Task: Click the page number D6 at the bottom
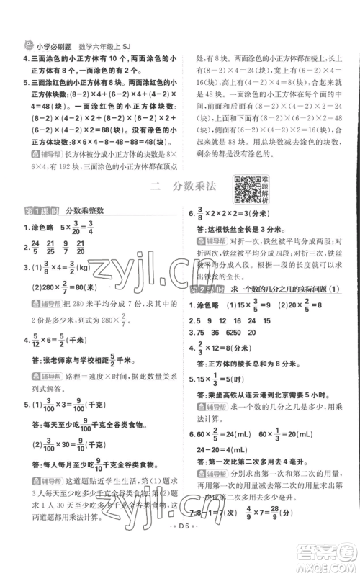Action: point(179,557)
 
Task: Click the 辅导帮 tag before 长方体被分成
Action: point(38,154)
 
